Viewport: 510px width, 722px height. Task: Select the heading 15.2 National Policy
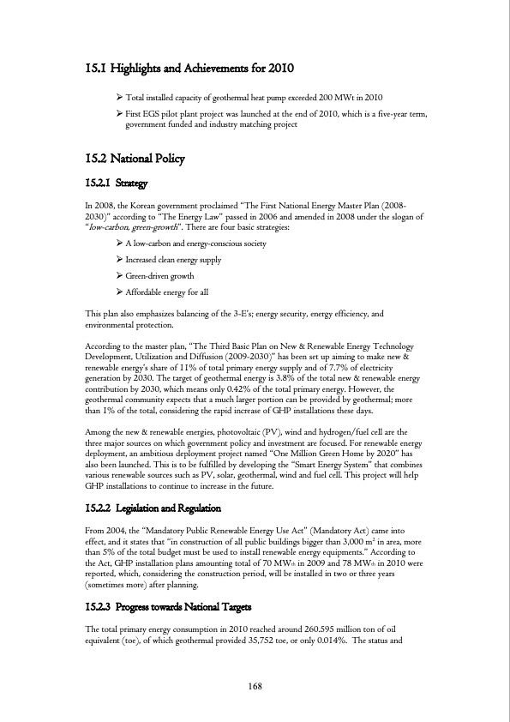135,159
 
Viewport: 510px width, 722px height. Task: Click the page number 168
255,686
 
